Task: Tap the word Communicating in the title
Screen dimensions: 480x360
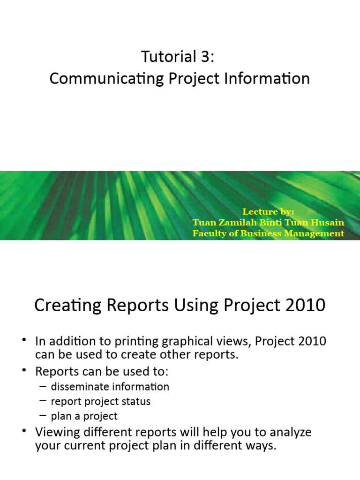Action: pos(98,79)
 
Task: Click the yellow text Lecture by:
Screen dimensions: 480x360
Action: pos(268,212)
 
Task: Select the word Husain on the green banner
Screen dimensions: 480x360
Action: pos(328,223)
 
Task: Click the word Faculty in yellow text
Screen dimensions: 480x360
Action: pos(208,233)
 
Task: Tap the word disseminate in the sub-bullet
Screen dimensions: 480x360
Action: pos(80,387)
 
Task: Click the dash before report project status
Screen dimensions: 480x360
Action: pos(43,401)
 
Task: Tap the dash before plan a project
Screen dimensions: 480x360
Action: pos(43,416)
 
